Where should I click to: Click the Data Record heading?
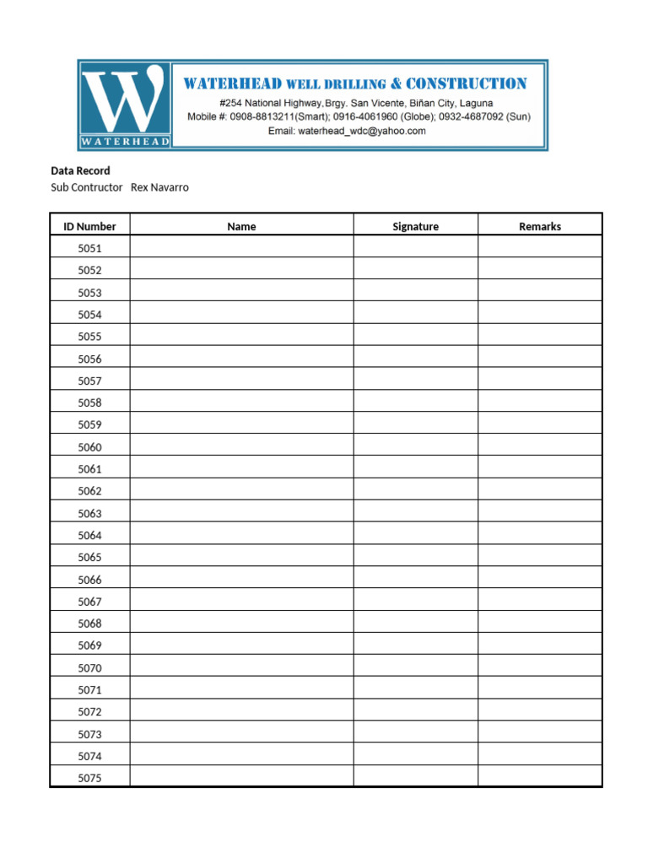click(x=80, y=171)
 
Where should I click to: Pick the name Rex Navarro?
click(x=159, y=187)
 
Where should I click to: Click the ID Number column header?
click(x=89, y=226)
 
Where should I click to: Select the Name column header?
click(x=241, y=226)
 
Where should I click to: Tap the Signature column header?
click(x=415, y=226)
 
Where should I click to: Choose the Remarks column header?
click(x=540, y=226)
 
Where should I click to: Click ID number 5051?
click(x=89, y=248)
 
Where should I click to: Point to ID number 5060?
click(x=89, y=447)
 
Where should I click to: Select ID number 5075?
click(x=89, y=778)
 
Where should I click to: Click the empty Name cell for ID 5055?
click(x=241, y=337)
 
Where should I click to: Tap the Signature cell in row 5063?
click(x=415, y=513)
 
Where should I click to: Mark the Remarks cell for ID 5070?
click(x=540, y=667)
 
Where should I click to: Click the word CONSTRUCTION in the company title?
click(x=466, y=84)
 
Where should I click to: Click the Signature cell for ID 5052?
click(x=415, y=270)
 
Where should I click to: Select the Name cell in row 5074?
click(x=241, y=756)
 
